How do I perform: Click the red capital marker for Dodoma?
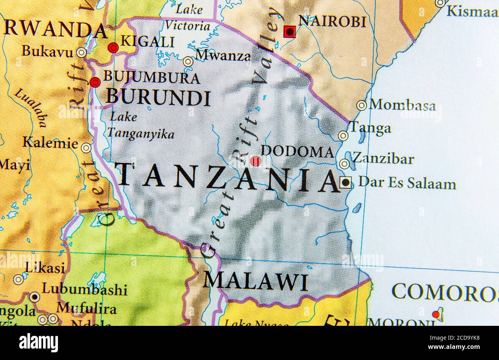[x=255, y=161]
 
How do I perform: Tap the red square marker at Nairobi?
[x=289, y=32]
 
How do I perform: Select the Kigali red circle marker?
[x=113, y=48]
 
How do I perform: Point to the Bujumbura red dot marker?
[x=95, y=82]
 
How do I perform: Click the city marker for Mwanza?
[x=188, y=61]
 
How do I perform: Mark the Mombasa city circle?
[x=362, y=105]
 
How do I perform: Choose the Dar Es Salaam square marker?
[x=345, y=183]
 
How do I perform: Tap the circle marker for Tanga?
[x=343, y=135]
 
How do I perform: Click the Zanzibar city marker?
[x=345, y=164]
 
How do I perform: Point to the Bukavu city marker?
[x=81, y=53]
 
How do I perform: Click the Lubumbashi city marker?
[x=35, y=297]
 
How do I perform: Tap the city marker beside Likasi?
[x=18, y=279]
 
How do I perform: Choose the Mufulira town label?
[x=86, y=308]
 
